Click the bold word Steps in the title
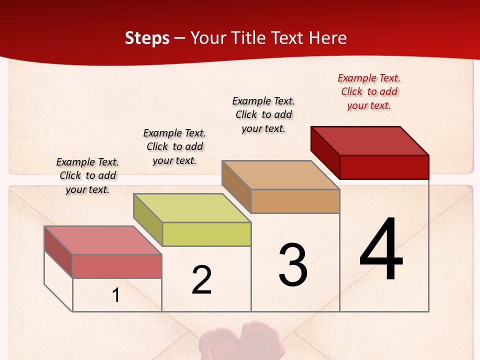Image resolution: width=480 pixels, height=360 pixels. (x=147, y=38)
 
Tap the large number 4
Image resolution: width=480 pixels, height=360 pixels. (x=381, y=250)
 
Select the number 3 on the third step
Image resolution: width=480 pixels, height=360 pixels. (x=293, y=265)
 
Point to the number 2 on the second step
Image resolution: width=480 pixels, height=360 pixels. (x=202, y=280)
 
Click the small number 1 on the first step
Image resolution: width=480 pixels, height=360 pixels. (x=116, y=295)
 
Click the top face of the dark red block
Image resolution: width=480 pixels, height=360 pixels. (x=370, y=140)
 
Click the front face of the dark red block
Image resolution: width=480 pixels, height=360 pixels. (x=384, y=167)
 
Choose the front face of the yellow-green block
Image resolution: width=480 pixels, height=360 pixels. (x=206, y=234)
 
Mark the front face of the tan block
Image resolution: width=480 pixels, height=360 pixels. (x=295, y=201)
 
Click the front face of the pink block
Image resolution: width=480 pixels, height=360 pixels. (x=117, y=266)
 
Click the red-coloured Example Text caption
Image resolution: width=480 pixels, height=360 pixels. (x=369, y=92)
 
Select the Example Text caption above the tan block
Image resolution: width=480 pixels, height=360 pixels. (x=263, y=114)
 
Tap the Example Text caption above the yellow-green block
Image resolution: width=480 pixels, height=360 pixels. (x=174, y=146)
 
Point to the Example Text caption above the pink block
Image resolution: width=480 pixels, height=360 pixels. (x=87, y=175)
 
